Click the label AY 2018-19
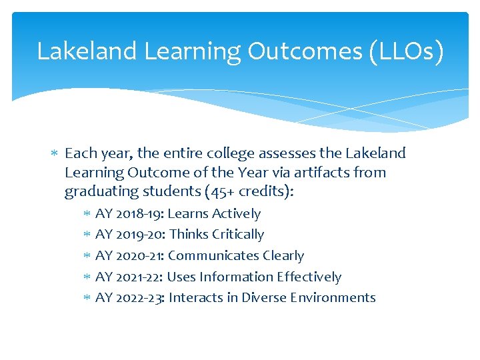[x=129, y=214]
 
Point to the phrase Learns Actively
[x=214, y=214]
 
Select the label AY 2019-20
[x=131, y=235]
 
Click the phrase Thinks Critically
[x=217, y=235]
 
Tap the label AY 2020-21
[x=130, y=256]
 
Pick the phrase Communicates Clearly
[x=236, y=256]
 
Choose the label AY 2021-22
[x=129, y=277]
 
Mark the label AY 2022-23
[x=131, y=298]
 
